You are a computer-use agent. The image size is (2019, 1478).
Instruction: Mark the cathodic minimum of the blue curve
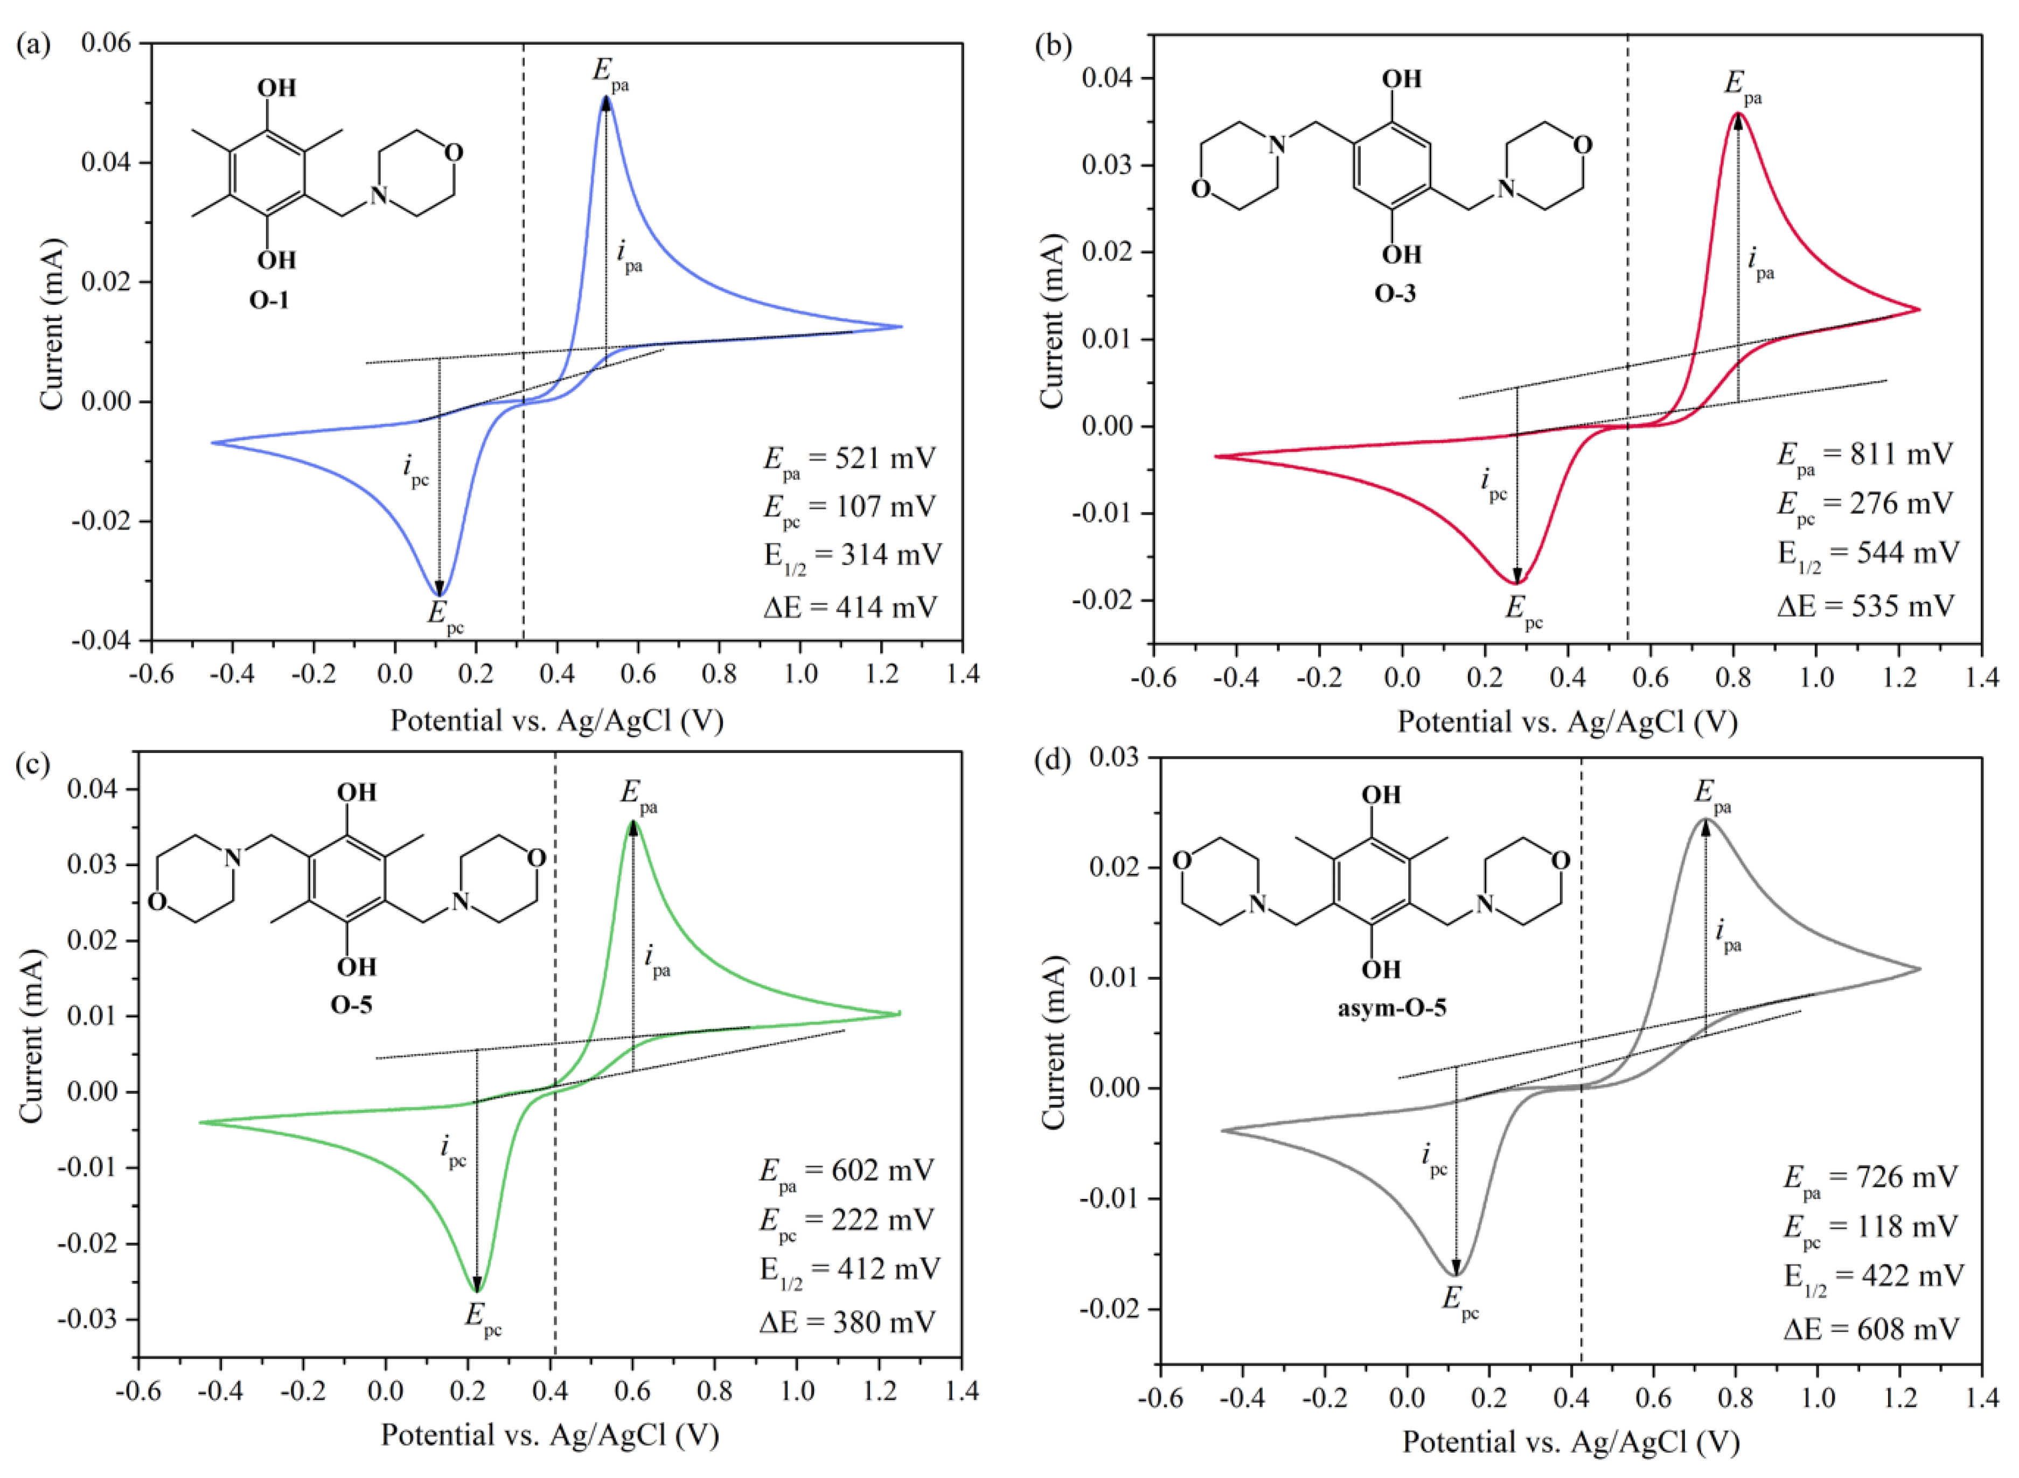(x=439, y=595)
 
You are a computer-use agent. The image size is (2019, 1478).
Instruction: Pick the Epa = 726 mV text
(x=1870, y=1177)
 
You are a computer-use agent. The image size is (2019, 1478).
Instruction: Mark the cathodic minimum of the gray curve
(x=1456, y=1274)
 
